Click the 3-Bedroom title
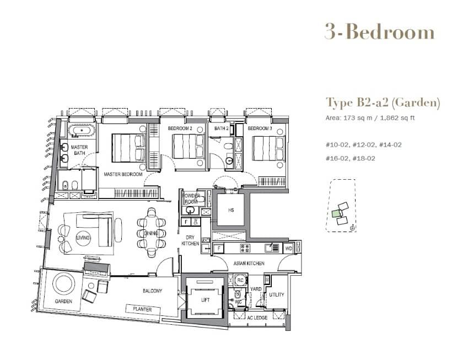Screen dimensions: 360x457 379,32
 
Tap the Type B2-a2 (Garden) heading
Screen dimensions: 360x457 383,103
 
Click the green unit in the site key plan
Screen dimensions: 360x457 336,213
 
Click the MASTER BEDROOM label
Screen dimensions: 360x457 123,174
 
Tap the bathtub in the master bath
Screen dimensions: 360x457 82,131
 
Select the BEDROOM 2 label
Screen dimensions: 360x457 180,128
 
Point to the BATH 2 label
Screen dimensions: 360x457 221,128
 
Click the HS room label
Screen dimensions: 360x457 232,210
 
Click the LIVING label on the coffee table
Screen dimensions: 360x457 82,237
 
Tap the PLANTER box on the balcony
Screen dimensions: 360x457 142,309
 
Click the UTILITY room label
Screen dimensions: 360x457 276,294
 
